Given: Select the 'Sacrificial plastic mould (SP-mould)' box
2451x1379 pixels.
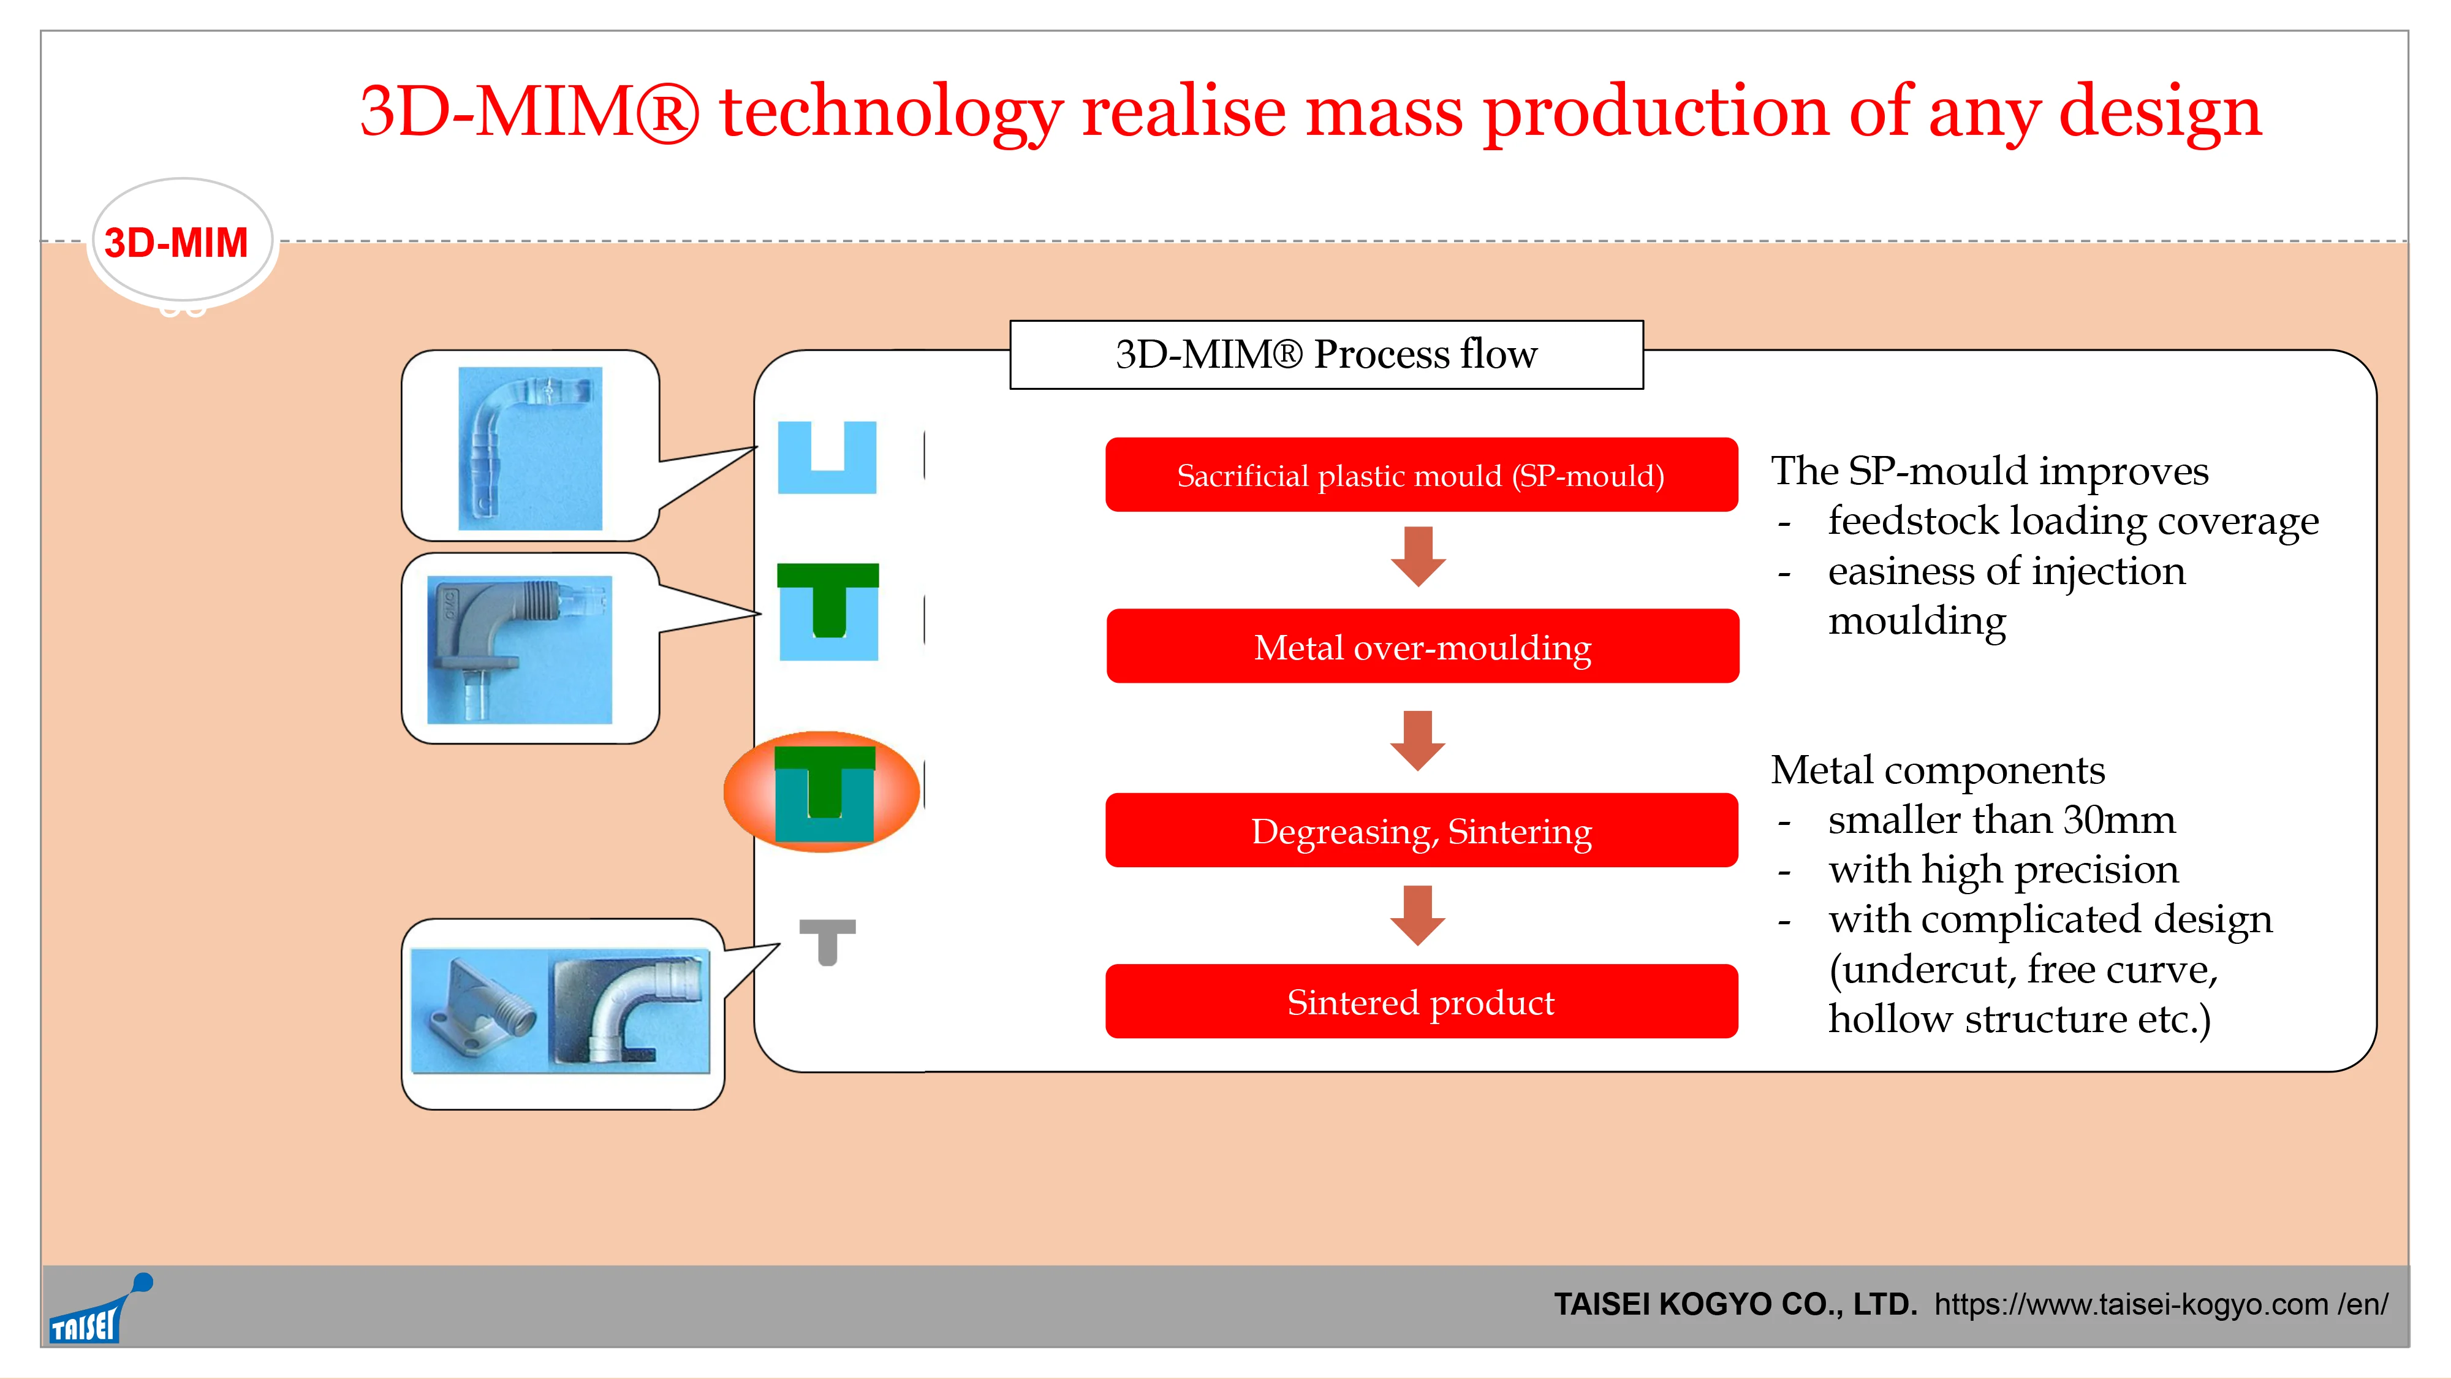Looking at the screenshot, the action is coord(1422,475).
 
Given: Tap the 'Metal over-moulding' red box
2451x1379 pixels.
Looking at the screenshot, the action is coord(1422,646).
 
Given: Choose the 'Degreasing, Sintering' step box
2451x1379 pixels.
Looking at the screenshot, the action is coord(1422,830).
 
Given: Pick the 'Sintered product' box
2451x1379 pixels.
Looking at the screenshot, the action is coord(1422,1001).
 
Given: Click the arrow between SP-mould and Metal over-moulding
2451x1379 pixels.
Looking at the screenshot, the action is coord(1418,557).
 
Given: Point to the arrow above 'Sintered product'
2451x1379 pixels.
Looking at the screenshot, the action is coord(1418,916).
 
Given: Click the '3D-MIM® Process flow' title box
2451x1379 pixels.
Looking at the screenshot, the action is coord(1327,354).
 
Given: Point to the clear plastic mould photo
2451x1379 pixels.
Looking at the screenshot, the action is coord(530,448).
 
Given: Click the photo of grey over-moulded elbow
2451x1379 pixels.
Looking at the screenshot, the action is coord(520,649).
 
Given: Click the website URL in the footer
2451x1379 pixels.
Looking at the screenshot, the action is coord(2161,1304).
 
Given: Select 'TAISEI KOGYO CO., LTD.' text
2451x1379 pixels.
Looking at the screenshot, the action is coord(1735,1304).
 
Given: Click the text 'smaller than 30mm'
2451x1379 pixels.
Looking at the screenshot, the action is coord(2002,819).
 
